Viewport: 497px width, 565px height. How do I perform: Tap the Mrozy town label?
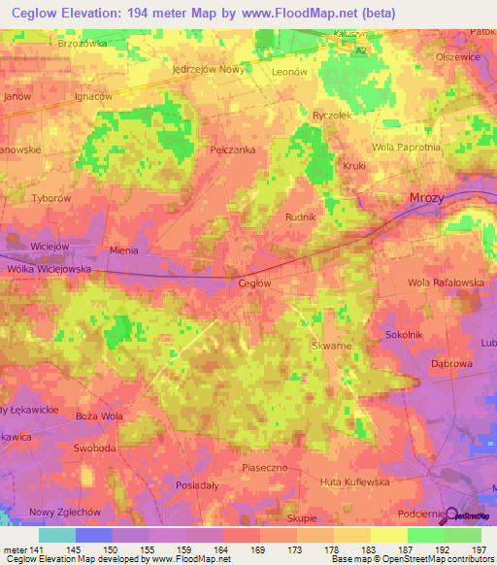(426, 197)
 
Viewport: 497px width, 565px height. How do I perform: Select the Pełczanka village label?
(232, 150)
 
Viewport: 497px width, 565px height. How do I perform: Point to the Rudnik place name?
(300, 217)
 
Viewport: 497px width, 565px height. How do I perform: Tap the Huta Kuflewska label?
(354, 481)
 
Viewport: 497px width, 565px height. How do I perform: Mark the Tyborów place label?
(51, 197)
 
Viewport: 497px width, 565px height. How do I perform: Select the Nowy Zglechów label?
(65, 512)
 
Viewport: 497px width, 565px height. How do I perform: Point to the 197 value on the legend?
(479, 550)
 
